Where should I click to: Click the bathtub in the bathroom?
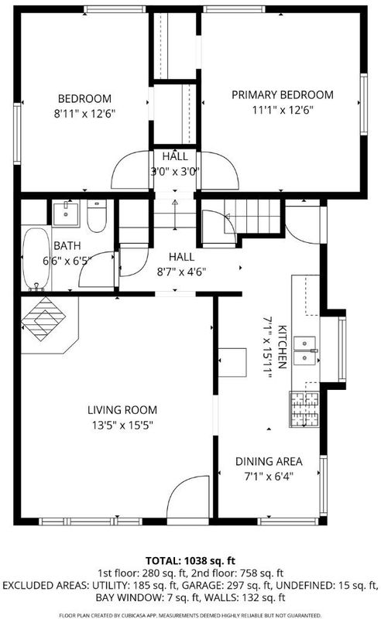(36, 258)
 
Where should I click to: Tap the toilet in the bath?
(97, 216)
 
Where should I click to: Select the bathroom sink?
(66, 213)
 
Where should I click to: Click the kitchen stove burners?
(304, 409)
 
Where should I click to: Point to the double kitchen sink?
(306, 351)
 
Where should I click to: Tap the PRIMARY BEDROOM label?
(282, 94)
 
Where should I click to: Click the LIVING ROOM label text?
(122, 410)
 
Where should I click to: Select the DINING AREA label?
(269, 461)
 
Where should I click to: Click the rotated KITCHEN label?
(283, 347)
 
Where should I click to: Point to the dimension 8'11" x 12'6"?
(84, 114)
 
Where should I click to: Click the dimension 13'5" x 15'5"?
(122, 425)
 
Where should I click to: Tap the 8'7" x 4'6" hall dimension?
(181, 272)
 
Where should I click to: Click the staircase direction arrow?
(175, 214)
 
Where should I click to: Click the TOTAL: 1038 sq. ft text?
(190, 560)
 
